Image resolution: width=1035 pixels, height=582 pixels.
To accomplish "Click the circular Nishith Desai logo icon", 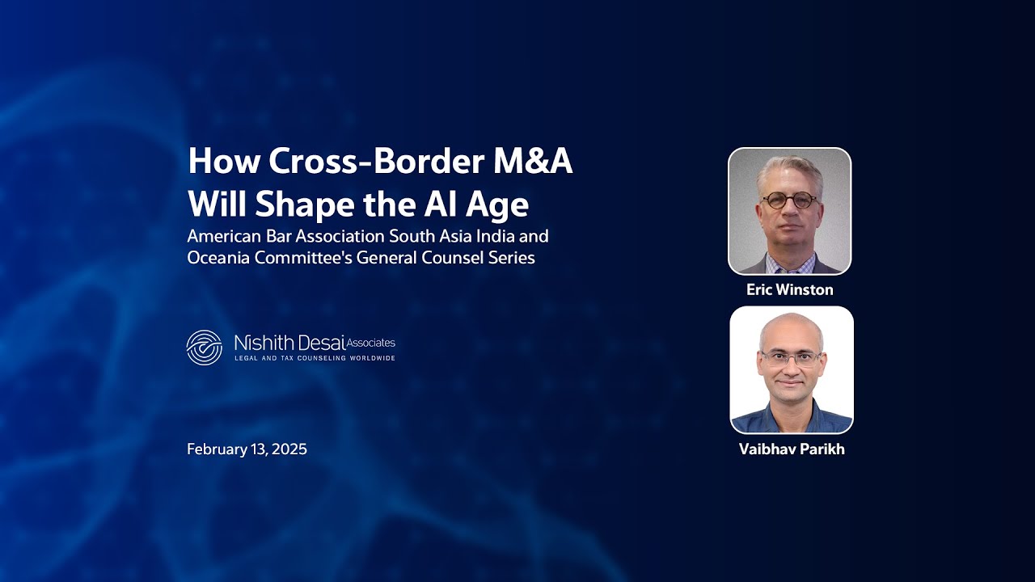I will [x=204, y=347].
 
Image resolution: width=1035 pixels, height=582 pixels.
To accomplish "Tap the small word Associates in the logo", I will [x=371, y=343].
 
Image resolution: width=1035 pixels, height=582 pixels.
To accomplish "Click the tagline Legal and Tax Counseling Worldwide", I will [x=315, y=358].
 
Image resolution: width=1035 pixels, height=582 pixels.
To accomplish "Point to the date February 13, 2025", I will [x=247, y=449].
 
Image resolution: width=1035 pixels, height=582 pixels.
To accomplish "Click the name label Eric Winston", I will [x=789, y=289].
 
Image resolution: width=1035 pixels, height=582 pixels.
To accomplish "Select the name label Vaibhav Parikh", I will [x=791, y=449].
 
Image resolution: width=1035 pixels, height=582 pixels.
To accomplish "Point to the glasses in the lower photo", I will [x=791, y=358].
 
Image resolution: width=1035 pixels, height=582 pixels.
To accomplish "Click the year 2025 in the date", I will [x=289, y=449].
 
